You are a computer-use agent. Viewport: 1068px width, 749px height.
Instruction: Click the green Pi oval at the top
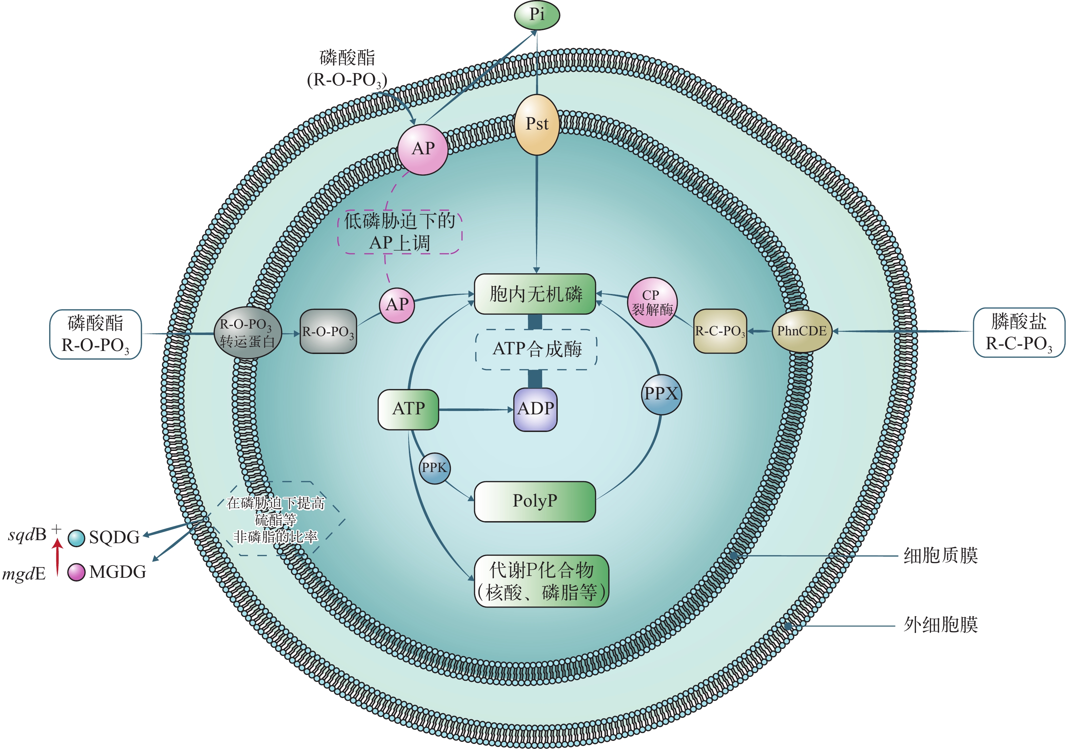tap(536, 15)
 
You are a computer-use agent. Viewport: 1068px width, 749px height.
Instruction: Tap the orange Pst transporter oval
tap(536, 125)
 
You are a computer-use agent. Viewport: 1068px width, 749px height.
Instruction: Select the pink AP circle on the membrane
tap(422, 149)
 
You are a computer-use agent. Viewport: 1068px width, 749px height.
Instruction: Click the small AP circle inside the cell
tap(397, 305)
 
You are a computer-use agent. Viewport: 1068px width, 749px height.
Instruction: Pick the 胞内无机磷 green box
tap(535, 294)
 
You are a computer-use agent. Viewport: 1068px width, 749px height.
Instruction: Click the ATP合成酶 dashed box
tap(536, 349)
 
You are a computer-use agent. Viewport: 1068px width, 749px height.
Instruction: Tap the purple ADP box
tap(535, 409)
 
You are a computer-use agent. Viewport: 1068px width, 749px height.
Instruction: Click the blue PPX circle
tap(661, 394)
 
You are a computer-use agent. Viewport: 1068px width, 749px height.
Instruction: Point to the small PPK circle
tap(434, 468)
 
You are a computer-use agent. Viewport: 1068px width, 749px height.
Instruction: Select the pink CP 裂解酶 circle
tap(652, 303)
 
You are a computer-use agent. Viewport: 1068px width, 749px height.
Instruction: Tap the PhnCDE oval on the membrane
tap(802, 331)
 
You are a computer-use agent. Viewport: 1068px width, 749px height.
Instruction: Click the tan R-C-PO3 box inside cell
tap(719, 331)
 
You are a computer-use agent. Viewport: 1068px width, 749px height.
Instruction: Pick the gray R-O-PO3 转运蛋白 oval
tap(247, 333)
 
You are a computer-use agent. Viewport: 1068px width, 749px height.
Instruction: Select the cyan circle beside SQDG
tap(76, 538)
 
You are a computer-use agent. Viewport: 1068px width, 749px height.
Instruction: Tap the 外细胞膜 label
tap(940, 625)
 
